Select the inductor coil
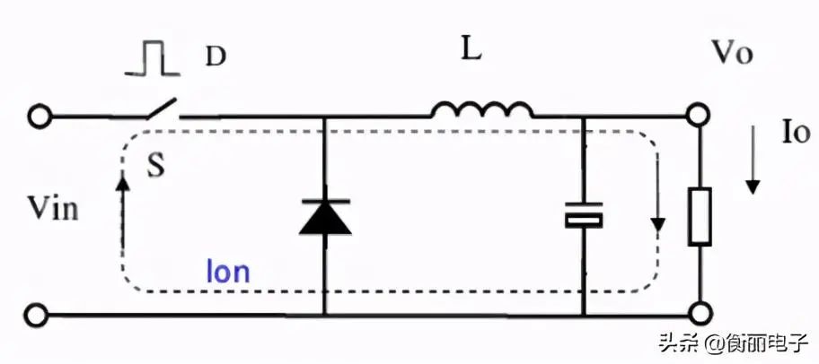[481, 110]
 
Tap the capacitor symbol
[583, 216]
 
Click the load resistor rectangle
[700, 217]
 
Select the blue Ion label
[228, 272]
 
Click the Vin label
[53, 210]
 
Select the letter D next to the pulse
[216, 56]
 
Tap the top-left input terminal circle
[38, 117]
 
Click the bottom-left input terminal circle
[38, 316]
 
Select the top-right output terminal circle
[700, 117]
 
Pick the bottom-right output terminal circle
[700, 316]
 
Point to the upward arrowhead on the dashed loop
[122, 178]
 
